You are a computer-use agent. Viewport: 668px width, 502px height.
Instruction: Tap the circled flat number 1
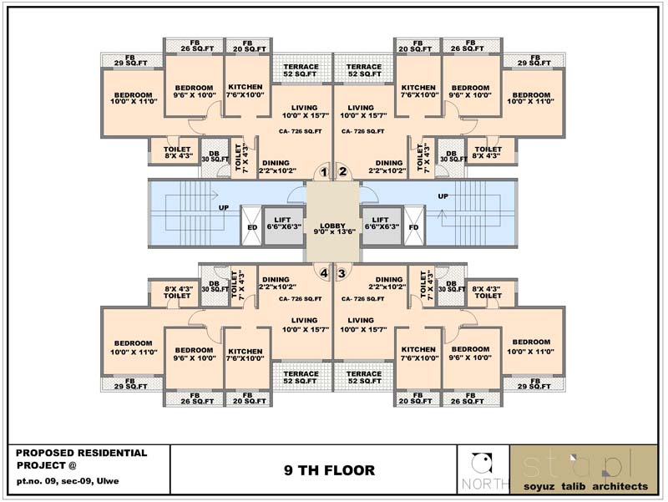click(x=324, y=173)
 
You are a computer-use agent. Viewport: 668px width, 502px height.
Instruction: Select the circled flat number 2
click(x=342, y=173)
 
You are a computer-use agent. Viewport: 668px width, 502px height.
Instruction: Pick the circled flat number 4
click(x=324, y=273)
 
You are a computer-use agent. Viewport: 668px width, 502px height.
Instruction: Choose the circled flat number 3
click(x=342, y=273)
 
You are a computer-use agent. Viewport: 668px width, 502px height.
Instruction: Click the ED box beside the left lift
click(x=252, y=226)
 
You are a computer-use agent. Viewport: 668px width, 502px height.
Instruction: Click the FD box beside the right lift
click(x=414, y=226)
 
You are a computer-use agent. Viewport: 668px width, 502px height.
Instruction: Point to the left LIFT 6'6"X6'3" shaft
click(x=285, y=225)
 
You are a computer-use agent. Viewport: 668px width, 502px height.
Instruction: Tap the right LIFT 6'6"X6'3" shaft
click(x=382, y=225)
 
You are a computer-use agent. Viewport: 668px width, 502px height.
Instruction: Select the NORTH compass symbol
click(x=483, y=465)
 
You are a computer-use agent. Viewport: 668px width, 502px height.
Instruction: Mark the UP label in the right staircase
click(x=443, y=196)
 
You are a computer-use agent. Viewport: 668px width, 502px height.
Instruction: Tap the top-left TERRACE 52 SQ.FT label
click(x=301, y=70)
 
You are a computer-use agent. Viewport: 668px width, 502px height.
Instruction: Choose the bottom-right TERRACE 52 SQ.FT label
click(x=365, y=378)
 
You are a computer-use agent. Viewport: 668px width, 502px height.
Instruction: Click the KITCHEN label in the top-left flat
click(x=245, y=91)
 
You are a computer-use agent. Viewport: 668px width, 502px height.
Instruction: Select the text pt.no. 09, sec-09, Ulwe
click(x=68, y=483)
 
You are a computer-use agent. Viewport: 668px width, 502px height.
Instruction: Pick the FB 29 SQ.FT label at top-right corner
click(x=534, y=59)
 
